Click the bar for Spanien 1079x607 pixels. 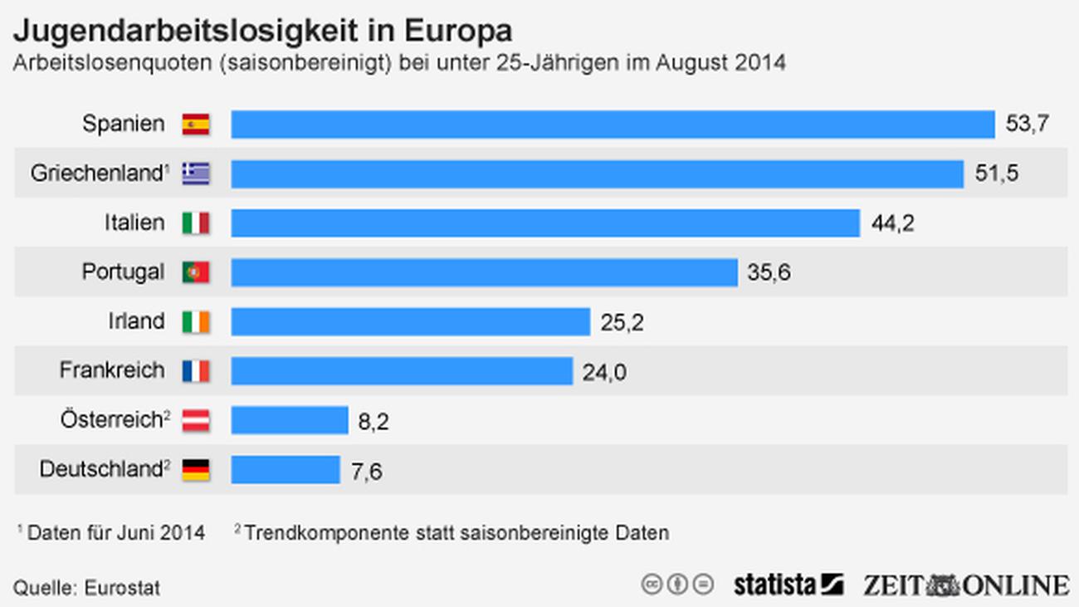[613, 125]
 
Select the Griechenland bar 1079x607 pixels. [597, 174]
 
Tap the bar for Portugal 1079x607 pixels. [484, 272]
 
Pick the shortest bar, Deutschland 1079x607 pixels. [286, 470]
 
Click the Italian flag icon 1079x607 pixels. [196, 223]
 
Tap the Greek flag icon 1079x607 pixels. [196, 174]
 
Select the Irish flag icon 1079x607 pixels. [196, 321]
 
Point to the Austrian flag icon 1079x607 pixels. [196, 420]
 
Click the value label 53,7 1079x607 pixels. [1028, 125]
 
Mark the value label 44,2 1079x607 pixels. [893, 223]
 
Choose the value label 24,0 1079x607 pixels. [603, 372]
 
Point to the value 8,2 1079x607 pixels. [373, 422]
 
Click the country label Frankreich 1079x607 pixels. [112, 370]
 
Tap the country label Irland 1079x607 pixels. [136, 321]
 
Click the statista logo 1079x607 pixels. [788, 585]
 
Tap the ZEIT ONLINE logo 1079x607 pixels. [965, 585]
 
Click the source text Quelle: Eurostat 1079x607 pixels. [87, 588]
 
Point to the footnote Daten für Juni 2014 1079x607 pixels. [115, 532]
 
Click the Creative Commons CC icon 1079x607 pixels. [652, 584]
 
